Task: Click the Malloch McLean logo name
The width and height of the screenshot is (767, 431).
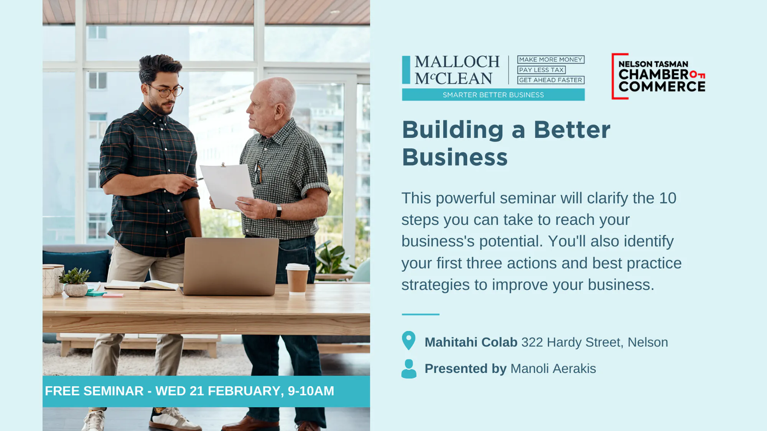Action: click(457, 70)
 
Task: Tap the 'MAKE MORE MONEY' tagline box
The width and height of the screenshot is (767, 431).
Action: click(551, 59)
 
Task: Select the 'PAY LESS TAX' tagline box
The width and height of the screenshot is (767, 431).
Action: click(542, 70)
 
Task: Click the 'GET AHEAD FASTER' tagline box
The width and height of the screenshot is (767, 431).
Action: click(551, 80)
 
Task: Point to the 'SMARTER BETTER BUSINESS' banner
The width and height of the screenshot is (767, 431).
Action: click(493, 95)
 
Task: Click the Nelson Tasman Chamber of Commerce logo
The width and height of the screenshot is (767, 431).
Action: click(658, 76)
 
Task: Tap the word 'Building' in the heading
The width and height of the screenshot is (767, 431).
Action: click(453, 130)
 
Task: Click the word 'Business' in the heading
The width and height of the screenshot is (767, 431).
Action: click(455, 157)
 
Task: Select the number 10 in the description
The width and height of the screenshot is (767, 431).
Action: click(668, 198)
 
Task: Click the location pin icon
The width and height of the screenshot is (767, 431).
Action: click(409, 340)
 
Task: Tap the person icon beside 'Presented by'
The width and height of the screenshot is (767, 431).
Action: click(409, 369)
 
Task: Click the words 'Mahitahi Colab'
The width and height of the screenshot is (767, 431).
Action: click(471, 342)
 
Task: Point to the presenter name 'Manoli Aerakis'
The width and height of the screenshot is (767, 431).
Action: click(553, 369)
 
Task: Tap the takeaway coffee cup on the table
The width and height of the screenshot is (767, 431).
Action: click(298, 279)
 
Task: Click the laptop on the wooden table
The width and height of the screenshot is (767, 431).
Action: click(231, 266)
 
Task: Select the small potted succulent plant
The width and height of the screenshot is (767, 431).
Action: click(76, 282)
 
